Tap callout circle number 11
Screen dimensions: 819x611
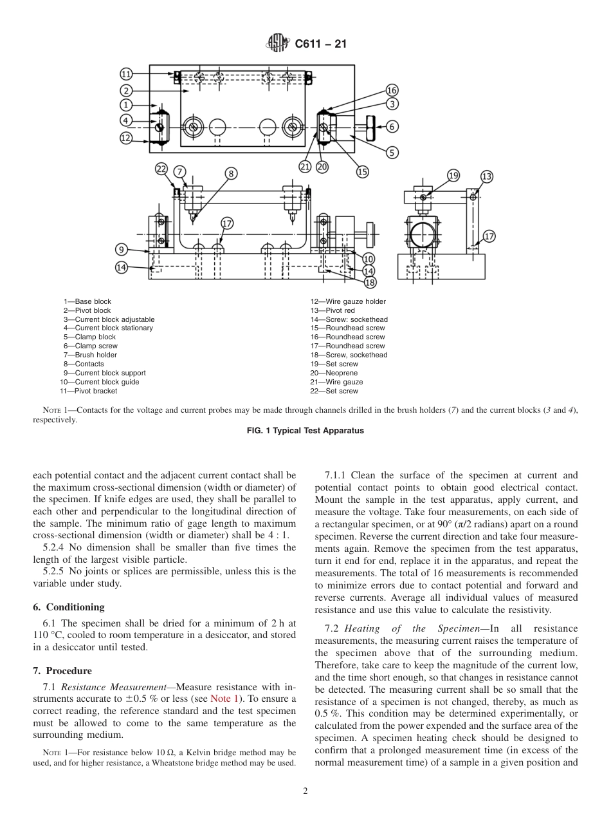[x=127, y=74]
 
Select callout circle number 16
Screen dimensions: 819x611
[x=392, y=90]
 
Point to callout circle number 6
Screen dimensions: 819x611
[x=392, y=126]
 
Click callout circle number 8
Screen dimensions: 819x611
[x=231, y=173]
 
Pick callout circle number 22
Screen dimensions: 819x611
[x=161, y=169]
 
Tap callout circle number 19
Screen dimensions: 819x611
[x=453, y=175]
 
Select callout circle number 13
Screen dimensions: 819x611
[x=487, y=176]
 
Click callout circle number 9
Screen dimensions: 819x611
[x=122, y=250]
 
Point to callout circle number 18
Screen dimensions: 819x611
[x=370, y=282]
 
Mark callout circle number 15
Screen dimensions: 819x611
[x=363, y=171]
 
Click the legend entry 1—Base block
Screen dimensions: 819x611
[x=87, y=301]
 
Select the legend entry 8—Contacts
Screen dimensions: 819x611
[x=83, y=364]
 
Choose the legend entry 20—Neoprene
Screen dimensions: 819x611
[x=334, y=373]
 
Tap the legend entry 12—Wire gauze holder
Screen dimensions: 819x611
[x=348, y=301]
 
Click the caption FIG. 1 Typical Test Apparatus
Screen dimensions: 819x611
[x=305, y=431]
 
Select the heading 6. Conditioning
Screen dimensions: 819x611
[x=69, y=607]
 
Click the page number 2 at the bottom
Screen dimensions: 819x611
[x=305, y=791]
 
